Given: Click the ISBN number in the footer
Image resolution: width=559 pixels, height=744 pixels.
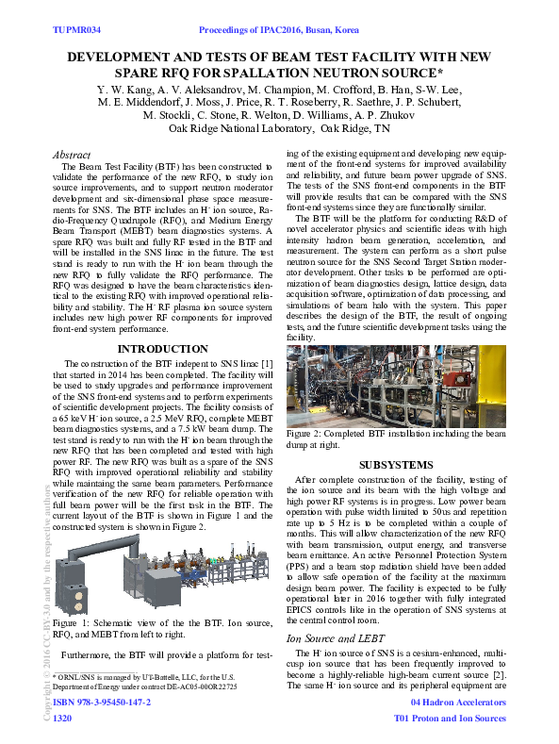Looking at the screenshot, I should (103, 703).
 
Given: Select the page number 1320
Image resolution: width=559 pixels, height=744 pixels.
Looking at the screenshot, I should (62, 719).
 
